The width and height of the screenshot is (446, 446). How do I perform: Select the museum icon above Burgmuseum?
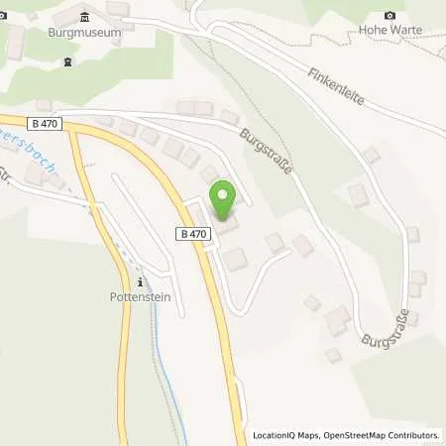pyautogui.click(x=83, y=15)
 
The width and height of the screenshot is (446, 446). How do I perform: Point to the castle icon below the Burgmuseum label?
pyautogui.click(x=67, y=61)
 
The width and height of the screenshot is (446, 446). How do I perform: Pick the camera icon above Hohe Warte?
pyautogui.click(x=390, y=15)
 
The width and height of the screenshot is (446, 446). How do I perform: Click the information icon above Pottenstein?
pyautogui.click(x=140, y=281)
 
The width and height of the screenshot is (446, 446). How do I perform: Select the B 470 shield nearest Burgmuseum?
pyautogui.click(x=45, y=124)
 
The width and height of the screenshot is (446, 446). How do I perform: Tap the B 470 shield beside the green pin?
pyautogui.click(x=194, y=233)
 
